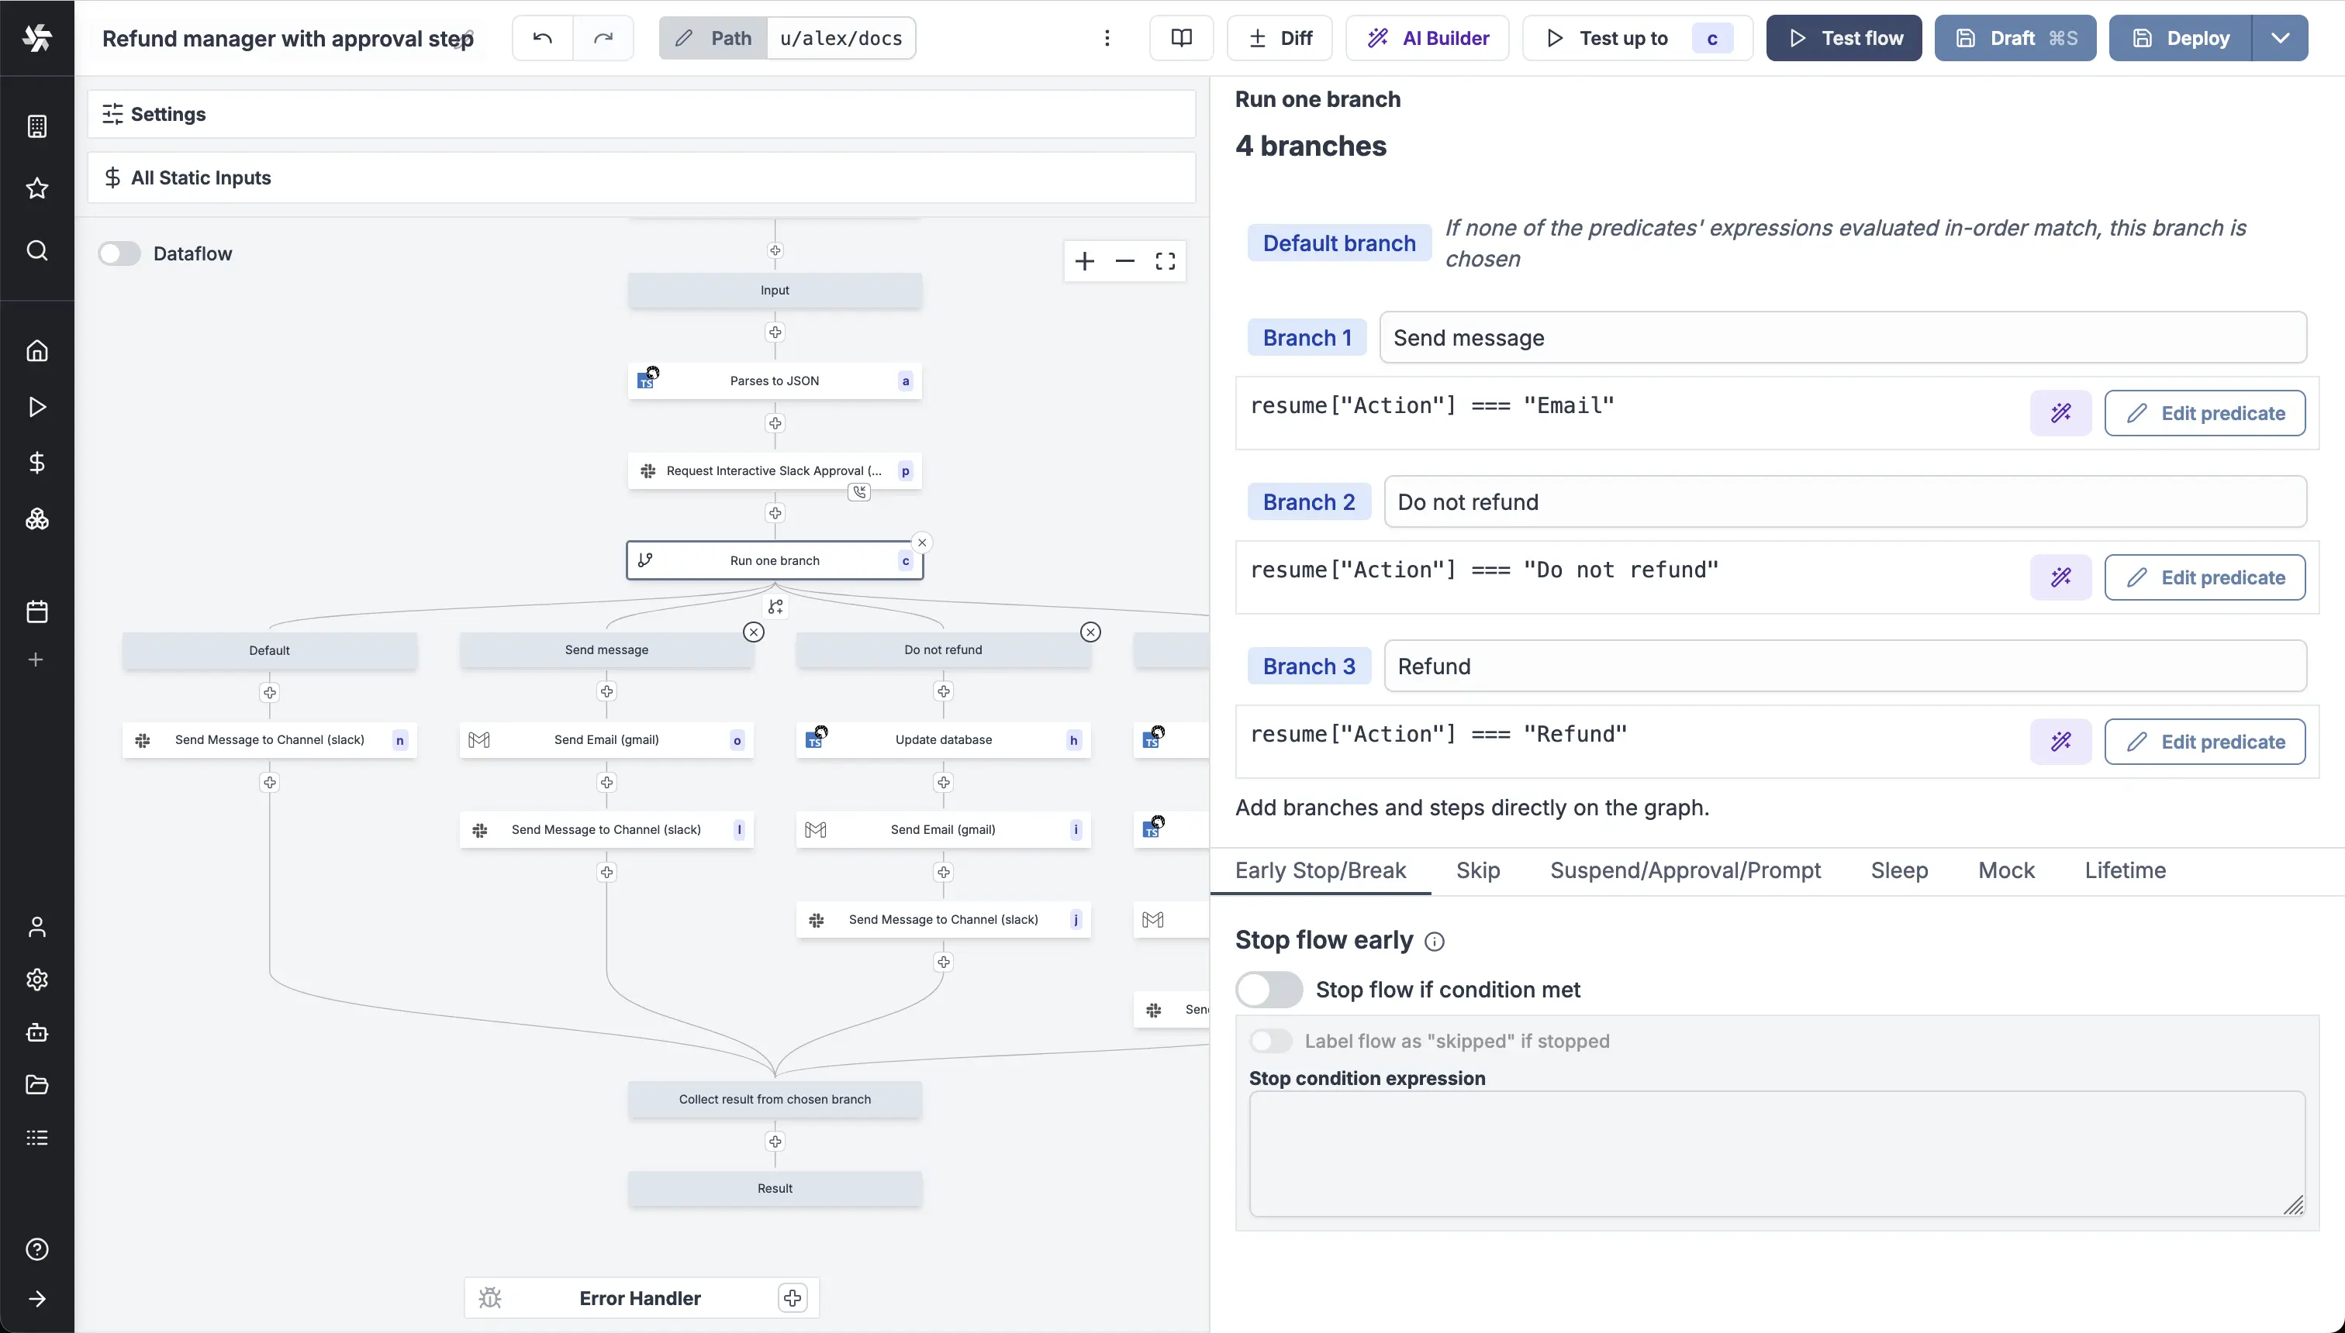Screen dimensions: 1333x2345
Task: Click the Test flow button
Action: click(1843, 39)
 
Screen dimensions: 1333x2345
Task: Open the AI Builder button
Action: click(1427, 39)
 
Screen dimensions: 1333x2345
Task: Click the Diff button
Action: click(1280, 39)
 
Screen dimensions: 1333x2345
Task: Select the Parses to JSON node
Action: click(774, 381)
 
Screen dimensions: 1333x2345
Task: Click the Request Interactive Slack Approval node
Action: click(774, 470)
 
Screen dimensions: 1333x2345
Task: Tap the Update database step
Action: click(943, 740)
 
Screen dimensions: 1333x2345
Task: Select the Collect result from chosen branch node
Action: click(774, 1099)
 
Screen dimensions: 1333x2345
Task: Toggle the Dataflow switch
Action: click(120, 253)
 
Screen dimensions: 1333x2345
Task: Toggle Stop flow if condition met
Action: click(1269, 990)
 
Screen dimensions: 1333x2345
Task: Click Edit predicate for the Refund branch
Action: click(2204, 742)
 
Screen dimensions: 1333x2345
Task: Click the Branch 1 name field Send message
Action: click(1842, 338)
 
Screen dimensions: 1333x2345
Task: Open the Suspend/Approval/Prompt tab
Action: click(1684, 870)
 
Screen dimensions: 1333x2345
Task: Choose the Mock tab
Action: click(2006, 870)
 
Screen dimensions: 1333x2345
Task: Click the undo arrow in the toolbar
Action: click(542, 39)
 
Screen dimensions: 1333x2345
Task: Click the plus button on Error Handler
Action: click(793, 1297)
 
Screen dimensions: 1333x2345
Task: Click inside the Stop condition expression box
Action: click(1776, 1152)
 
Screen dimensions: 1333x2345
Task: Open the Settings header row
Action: click(641, 115)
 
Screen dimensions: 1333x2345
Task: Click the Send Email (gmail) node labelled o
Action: click(606, 740)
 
